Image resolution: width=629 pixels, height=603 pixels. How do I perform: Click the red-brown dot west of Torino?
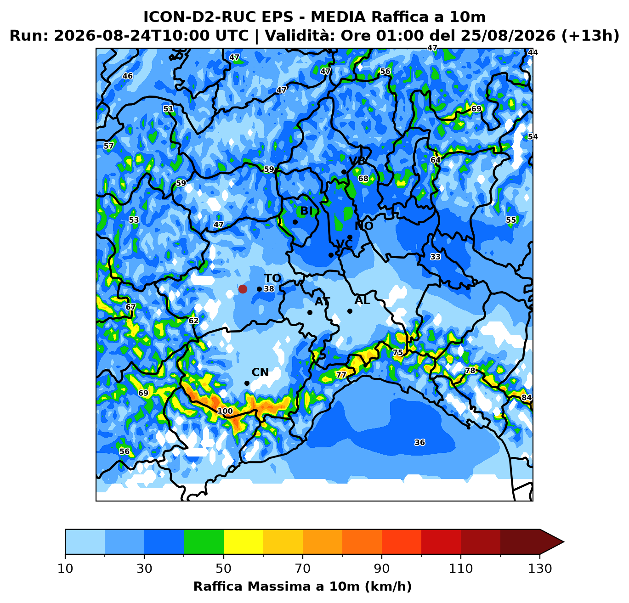tap(243, 289)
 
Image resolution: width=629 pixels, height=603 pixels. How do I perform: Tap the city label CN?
tap(260, 372)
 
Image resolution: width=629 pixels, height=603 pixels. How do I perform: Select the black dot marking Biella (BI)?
tap(295, 222)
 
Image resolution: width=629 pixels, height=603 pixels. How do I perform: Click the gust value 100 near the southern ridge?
tap(225, 411)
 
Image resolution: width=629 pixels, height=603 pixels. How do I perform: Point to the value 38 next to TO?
tap(269, 289)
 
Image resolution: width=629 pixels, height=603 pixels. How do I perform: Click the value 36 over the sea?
tap(420, 442)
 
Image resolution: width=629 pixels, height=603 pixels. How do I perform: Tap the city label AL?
tap(362, 300)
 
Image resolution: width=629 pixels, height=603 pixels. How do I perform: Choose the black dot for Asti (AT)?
tap(310, 312)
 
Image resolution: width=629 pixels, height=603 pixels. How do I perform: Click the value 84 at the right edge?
tap(527, 397)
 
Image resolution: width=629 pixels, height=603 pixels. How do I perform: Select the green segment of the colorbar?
tap(204, 541)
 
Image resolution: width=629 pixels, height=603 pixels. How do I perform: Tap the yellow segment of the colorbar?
tap(244, 541)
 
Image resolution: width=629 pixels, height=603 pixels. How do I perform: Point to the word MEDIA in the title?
tap(338, 17)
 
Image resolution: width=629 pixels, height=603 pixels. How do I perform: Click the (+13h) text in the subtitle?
tap(590, 35)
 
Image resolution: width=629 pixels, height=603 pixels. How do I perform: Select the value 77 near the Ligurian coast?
tap(341, 375)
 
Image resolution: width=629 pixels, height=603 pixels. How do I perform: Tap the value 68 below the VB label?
tap(363, 178)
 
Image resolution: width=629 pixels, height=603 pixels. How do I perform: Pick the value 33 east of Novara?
tap(436, 257)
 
